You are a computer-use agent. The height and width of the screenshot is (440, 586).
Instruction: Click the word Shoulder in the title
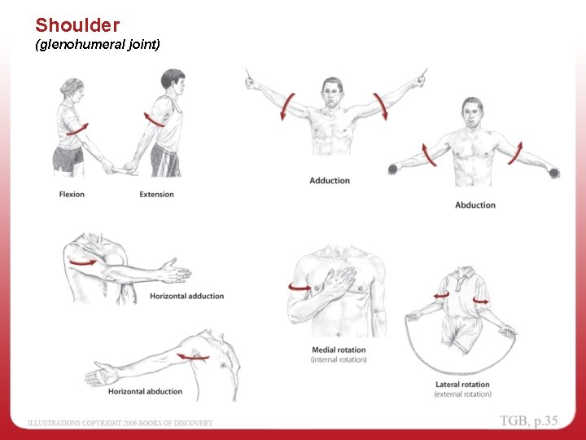[77, 25]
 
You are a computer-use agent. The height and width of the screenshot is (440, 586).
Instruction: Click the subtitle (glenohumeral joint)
[98, 46]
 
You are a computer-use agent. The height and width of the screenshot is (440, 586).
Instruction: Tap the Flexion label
[72, 195]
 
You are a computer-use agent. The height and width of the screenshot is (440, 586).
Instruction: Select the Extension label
[156, 195]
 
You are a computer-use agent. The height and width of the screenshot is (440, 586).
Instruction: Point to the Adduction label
[330, 181]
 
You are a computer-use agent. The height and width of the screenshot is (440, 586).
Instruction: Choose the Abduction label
[475, 205]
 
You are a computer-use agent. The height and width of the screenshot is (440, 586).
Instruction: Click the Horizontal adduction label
[186, 297]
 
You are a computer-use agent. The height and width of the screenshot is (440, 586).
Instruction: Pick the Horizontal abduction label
[145, 392]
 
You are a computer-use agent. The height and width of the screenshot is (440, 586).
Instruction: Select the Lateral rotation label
[462, 385]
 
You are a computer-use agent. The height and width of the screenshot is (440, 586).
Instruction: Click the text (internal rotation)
[339, 360]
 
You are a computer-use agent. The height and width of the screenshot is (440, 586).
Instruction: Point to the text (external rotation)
[462, 394]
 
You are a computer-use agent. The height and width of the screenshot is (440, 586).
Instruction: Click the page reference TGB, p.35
[529, 421]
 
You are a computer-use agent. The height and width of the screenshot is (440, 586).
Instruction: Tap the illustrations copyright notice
[120, 423]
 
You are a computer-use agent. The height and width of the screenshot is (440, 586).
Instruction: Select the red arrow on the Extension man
[154, 120]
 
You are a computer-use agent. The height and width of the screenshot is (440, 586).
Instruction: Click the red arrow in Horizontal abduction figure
[194, 356]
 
